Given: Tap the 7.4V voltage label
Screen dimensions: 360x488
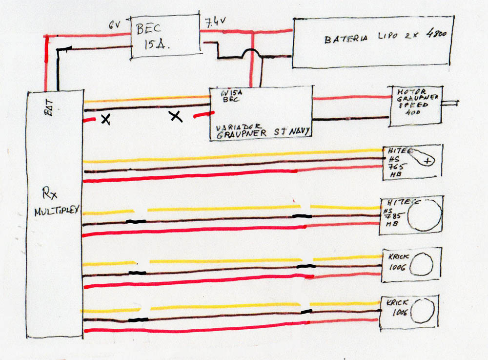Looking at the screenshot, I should click(x=214, y=21).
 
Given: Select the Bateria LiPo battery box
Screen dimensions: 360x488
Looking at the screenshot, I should click(x=373, y=42).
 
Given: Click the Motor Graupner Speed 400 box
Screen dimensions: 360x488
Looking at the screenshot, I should click(x=415, y=106).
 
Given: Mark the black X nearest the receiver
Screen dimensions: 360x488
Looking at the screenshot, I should click(x=105, y=119).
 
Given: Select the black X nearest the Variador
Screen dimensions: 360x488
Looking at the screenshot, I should click(x=176, y=116).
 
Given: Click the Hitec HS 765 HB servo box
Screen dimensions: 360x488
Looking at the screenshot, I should click(x=412, y=163).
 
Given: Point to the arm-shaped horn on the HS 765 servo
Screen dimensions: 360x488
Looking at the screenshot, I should click(x=421, y=157).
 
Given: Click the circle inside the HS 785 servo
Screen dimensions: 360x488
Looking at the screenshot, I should click(x=425, y=214).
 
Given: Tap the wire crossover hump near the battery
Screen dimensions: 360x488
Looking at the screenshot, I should click(x=252, y=54).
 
